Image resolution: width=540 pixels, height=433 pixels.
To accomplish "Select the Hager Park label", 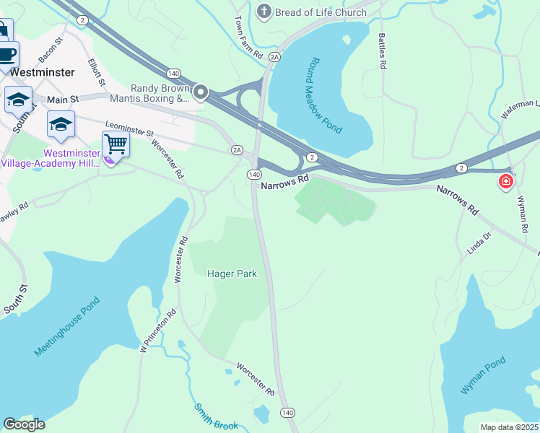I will click(x=232, y=274).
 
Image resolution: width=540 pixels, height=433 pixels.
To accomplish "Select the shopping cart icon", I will click(x=116, y=144).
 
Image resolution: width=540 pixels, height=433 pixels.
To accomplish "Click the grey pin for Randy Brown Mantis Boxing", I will click(x=201, y=92).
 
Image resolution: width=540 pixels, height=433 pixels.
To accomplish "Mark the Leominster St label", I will click(x=130, y=129).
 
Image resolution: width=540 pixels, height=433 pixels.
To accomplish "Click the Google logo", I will click(x=25, y=424).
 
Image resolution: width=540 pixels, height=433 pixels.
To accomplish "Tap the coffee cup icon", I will click(x=7, y=54).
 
